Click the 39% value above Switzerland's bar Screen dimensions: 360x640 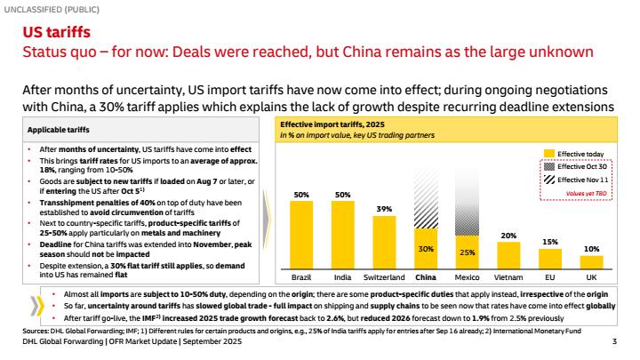(x=385, y=209)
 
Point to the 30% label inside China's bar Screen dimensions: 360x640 (x=427, y=250)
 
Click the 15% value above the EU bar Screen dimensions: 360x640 (x=549, y=242)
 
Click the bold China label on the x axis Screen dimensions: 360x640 (x=427, y=277)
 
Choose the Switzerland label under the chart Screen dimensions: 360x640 (x=385, y=277)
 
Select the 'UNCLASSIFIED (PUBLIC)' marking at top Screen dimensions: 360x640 (x=50, y=8)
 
